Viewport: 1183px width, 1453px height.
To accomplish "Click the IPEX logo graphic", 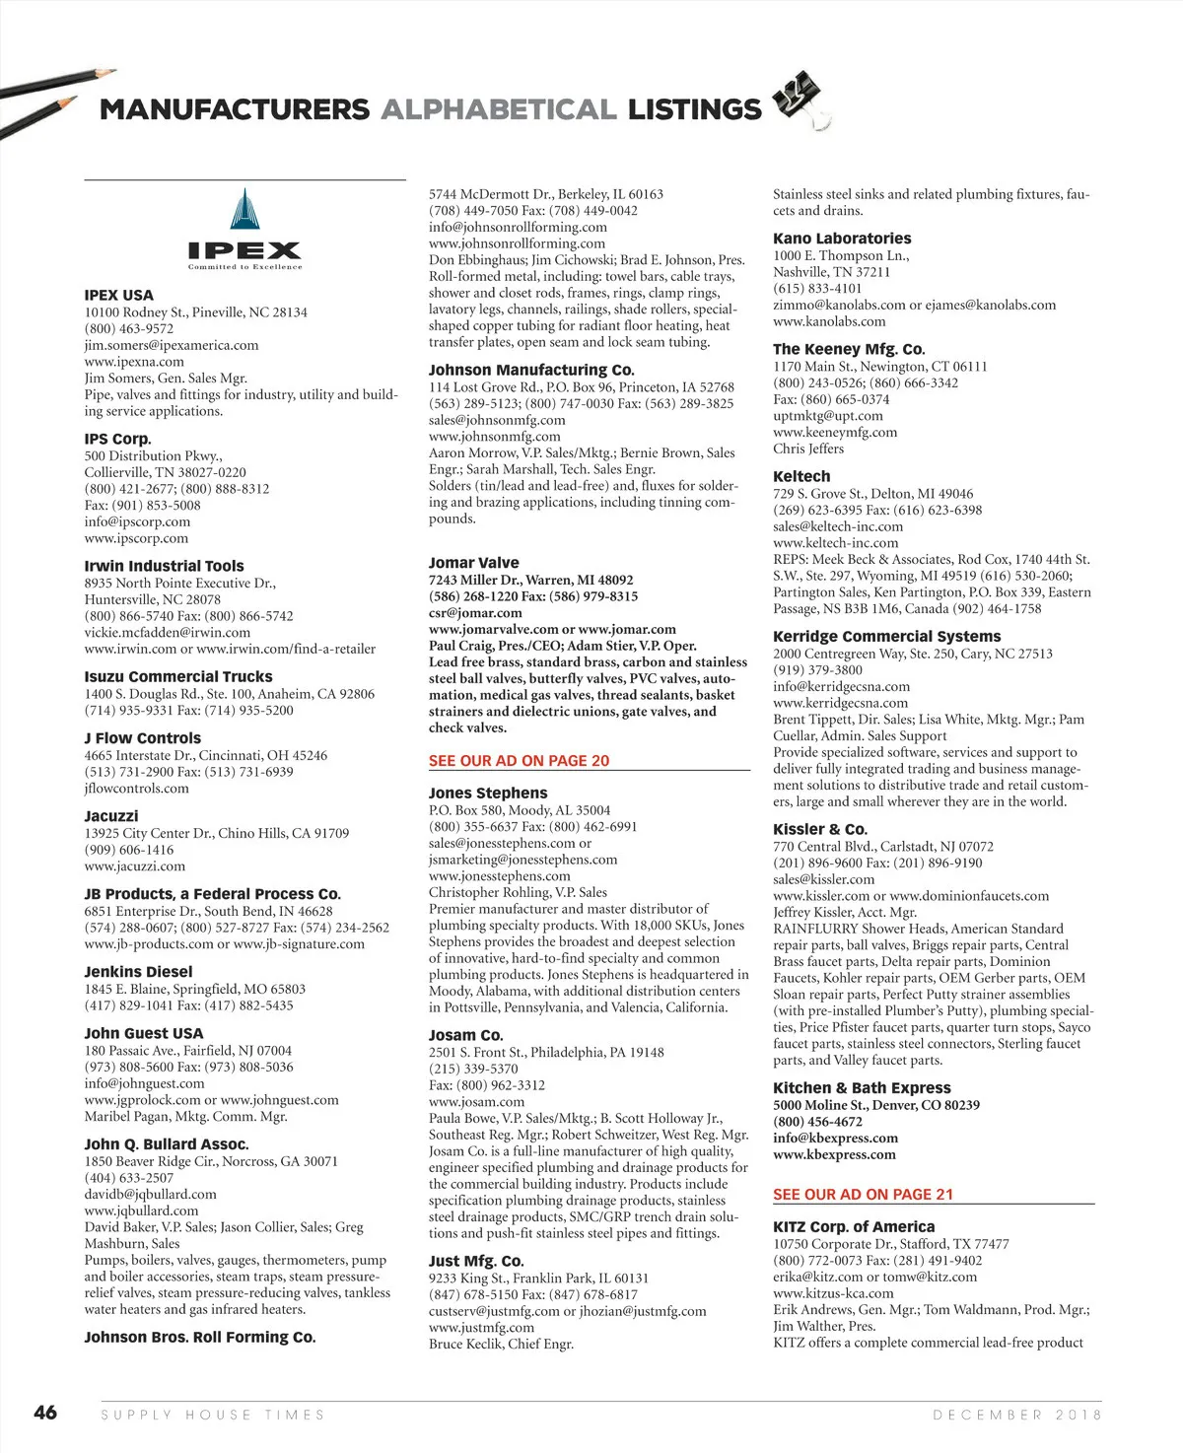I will pos(244,229).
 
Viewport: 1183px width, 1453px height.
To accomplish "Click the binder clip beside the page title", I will pos(798,100).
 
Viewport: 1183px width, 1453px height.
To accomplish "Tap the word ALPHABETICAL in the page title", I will pos(499,109).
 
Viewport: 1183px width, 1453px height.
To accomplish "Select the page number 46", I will pos(45,1413).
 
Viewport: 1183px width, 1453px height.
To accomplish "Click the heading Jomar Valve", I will pos(473,563).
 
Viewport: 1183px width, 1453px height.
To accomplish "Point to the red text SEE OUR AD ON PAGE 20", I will pos(519,761).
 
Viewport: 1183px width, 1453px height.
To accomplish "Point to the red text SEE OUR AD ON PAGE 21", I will pos(863,1195).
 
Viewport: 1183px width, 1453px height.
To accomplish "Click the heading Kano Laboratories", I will pos(842,239).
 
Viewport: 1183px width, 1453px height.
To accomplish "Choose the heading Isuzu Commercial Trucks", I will pos(178,677).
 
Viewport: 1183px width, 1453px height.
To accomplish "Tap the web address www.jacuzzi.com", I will pos(135,866).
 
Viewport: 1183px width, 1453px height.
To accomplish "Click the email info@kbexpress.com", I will pos(835,1139).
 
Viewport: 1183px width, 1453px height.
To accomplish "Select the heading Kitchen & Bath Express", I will pos(862,1088).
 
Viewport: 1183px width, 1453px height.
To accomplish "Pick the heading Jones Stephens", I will pos(488,794).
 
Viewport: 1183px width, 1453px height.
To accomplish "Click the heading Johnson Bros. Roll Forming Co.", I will pos(200,1338).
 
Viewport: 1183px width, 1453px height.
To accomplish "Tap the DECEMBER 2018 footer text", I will pos(1017,1415).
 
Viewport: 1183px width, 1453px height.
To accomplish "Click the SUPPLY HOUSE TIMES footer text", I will pos(213,1415).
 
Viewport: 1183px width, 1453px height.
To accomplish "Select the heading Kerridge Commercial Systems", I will pos(886,637).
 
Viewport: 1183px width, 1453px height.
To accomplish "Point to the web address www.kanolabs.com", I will pos(829,321).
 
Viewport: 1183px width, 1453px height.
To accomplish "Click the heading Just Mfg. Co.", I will pos(476,1262).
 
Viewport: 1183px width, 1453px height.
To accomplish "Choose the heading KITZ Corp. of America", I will pos(854,1227).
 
